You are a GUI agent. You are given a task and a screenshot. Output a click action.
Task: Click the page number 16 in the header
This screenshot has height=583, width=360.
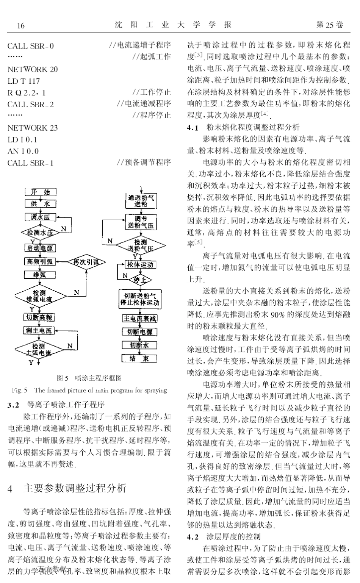(x=21, y=26)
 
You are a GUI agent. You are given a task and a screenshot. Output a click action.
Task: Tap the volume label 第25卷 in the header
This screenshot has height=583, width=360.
(x=330, y=25)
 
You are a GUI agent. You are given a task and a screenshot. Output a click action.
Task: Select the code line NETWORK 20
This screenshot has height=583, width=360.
(x=33, y=69)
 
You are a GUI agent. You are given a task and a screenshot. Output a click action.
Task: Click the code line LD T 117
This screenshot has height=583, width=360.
(x=23, y=81)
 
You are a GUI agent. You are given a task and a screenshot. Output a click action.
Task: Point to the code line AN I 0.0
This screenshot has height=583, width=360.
(x=23, y=151)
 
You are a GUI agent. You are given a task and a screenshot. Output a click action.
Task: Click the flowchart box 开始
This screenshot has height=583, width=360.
(x=41, y=192)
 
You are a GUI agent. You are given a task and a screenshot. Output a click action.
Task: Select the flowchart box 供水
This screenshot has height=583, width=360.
(x=41, y=204)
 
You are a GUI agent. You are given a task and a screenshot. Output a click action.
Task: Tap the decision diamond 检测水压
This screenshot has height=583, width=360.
(x=40, y=232)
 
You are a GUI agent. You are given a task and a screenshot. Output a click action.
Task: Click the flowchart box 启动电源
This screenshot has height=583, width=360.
(x=40, y=248)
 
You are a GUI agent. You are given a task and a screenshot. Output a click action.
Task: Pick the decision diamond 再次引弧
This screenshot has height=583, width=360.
(x=86, y=261)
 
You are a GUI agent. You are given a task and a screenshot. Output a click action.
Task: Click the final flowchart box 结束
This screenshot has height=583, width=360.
(x=139, y=358)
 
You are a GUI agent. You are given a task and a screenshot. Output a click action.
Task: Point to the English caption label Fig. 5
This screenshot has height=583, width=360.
(x=19, y=390)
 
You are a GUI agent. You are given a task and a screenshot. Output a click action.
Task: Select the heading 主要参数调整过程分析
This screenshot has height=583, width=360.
(x=75, y=488)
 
